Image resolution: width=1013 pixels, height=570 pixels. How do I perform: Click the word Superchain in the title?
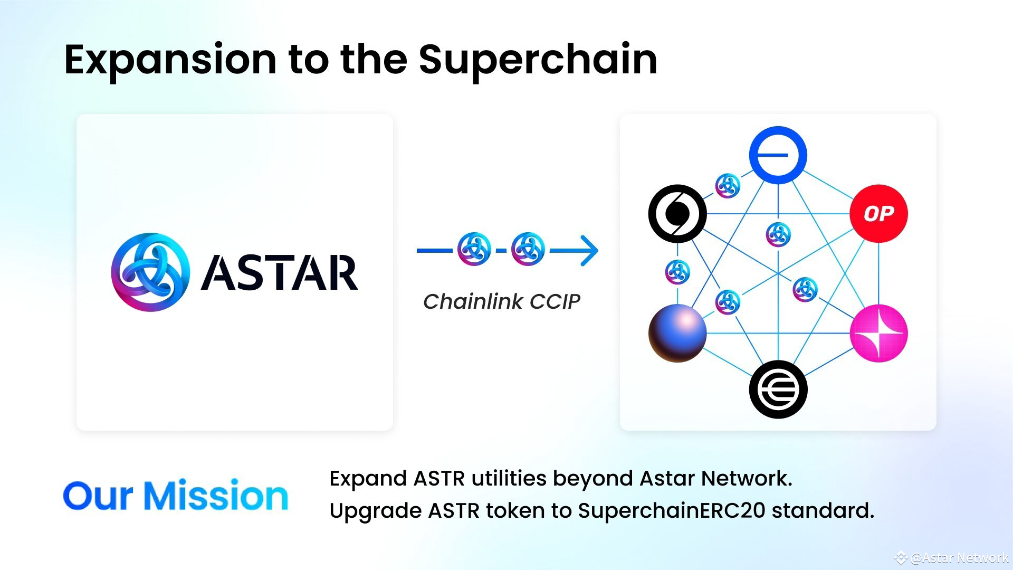coord(538,59)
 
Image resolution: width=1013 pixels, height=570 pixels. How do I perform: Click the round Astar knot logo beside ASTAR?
coord(150,272)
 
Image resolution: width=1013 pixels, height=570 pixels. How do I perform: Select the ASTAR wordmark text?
coord(280,273)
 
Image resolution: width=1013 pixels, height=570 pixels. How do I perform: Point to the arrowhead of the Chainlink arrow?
coord(591,250)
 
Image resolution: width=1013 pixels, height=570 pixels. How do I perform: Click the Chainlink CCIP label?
coord(501,301)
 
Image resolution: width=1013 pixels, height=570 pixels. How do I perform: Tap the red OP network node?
coord(878,214)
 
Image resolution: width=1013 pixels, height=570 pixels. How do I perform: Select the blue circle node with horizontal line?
coord(778,155)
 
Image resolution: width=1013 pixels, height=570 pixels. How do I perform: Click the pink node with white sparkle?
coord(878,333)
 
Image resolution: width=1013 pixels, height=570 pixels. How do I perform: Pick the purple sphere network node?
coord(677,333)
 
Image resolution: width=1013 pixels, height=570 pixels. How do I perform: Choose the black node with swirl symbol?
coord(677,214)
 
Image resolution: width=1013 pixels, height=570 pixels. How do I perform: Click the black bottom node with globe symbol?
coord(778,389)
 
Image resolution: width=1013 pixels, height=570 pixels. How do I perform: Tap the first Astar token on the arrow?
coord(474,249)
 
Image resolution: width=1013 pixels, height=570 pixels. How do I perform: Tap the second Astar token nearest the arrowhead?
coord(528,249)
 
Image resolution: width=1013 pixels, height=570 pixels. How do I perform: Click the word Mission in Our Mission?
coord(216,496)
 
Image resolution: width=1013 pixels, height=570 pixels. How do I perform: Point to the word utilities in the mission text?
coord(509,478)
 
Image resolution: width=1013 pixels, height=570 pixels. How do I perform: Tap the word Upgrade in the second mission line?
coord(375,510)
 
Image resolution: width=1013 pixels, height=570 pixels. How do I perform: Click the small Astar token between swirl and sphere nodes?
coord(677,272)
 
